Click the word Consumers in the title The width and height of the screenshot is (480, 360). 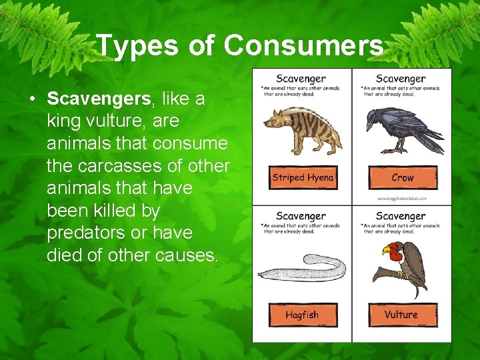[304, 46]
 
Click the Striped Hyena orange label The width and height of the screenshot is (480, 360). [303, 178]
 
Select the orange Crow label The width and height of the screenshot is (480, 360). [403, 178]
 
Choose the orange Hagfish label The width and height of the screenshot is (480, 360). [303, 315]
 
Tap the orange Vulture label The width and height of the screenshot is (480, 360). [402, 315]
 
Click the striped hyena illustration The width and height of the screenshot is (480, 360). [303, 129]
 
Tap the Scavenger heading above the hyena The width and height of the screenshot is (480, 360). [301, 79]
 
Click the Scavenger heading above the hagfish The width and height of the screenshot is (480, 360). [301, 216]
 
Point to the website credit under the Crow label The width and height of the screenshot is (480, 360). [401, 198]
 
